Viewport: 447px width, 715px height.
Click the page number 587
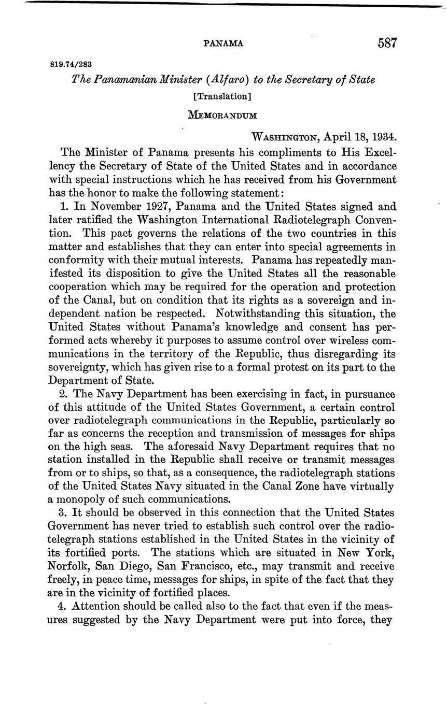pos(387,43)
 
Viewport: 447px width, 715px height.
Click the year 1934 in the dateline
pos(384,137)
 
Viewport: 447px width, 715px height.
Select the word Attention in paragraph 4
pos(95,606)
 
